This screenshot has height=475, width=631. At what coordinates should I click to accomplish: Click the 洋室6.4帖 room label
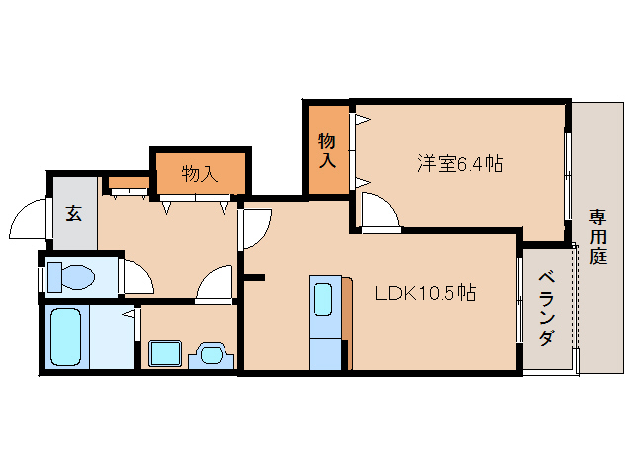pos(460,164)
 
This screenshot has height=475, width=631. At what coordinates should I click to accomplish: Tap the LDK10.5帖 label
pos(425,293)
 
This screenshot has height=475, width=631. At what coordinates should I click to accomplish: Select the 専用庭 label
pos(598,237)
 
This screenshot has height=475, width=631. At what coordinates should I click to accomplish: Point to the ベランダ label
pos(547,309)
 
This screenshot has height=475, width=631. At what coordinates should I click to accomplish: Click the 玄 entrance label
pos(74,213)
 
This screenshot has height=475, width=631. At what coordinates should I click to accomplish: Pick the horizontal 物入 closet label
pos(200,174)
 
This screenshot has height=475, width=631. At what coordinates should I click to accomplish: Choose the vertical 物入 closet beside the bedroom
pos(327,150)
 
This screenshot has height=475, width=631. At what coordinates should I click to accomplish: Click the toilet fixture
pos(71,277)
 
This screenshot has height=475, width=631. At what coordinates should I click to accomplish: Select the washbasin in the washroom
pos(211,355)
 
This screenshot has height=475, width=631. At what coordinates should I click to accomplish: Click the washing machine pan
pos(165,354)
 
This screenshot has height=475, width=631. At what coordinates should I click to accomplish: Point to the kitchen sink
pos(322,299)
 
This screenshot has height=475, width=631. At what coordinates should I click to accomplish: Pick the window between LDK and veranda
pos(519,300)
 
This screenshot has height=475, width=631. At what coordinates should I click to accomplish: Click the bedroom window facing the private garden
pos(568,175)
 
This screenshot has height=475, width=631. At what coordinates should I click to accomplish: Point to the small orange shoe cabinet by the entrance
pos(129,183)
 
